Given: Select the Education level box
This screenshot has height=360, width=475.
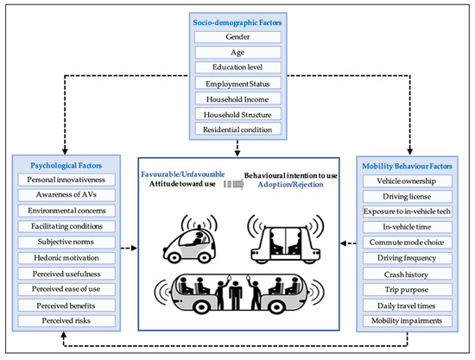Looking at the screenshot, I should click(x=237, y=67).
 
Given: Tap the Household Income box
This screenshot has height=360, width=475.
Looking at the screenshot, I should click(x=237, y=98).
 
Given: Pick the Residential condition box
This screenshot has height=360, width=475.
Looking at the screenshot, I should click(x=237, y=129).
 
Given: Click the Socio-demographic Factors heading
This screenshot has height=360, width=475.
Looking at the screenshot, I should click(x=237, y=21).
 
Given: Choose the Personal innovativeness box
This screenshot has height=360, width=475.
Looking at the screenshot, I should click(x=64, y=180).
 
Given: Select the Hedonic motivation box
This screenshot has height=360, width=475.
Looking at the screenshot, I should click(x=64, y=257).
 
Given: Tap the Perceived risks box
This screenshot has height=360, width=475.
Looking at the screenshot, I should click(x=64, y=320).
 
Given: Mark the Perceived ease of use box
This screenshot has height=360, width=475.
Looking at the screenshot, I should click(x=64, y=289).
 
